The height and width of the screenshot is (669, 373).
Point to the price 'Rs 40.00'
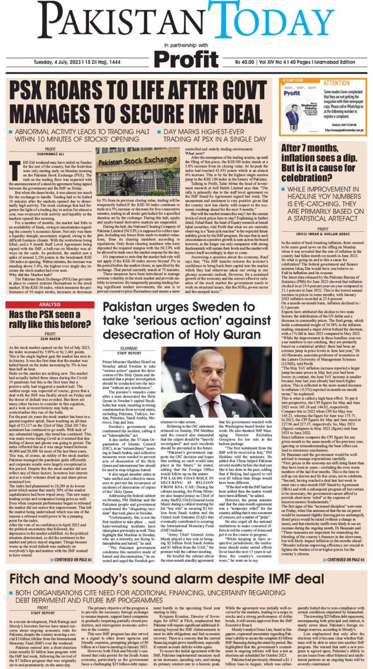click(x=242, y=73)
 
